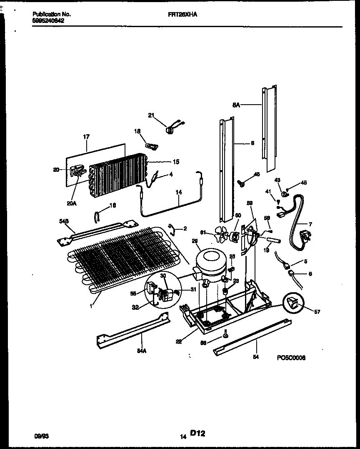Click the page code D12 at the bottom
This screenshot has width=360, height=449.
(x=198, y=434)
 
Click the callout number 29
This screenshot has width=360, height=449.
(x=195, y=241)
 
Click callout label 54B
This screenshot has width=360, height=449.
(x=64, y=223)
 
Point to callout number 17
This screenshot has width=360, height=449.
(x=86, y=136)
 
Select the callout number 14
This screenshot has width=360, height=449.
(x=179, y=193)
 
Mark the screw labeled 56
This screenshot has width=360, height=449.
(x=225, y=333)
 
